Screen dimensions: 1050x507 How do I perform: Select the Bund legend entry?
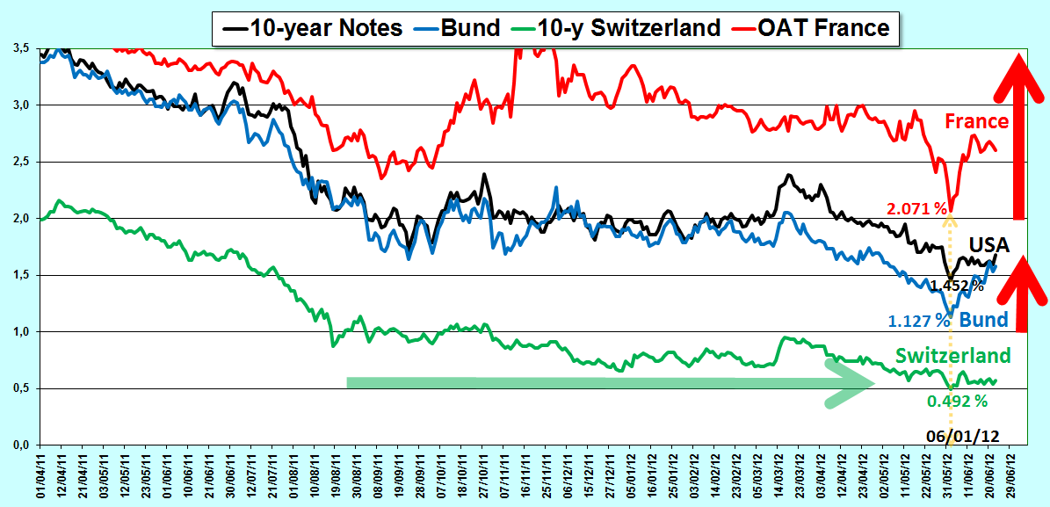pos(467,28)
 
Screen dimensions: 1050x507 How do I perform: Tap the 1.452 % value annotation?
pos(955,286)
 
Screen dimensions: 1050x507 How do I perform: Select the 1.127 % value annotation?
pos(919,320)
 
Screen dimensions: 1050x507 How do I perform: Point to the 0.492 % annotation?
pos(957,402)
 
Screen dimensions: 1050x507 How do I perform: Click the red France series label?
pos(976,121)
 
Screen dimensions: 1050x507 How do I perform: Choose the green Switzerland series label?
pos(959,354)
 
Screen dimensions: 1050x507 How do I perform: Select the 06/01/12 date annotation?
pos(963,435)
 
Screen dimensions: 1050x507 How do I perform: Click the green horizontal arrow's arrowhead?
pos(851,383)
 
